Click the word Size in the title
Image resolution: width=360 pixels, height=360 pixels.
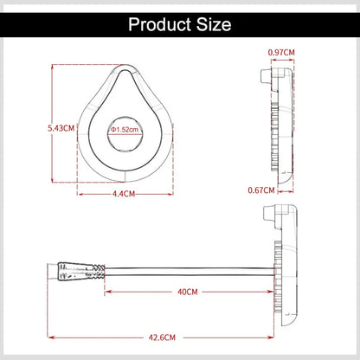(212, 24)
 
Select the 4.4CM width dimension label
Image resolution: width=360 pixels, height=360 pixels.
(125, 194)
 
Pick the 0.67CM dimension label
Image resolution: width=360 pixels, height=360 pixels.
(260, 189)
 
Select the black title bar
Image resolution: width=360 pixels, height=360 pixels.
(180, 23)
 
